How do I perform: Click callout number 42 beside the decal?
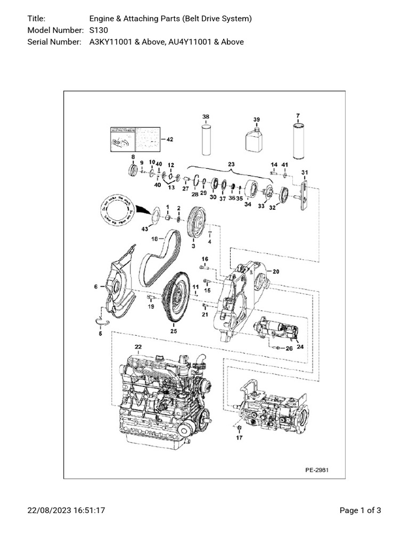[x=170, y=139]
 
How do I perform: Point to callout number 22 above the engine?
[x=138, y=347]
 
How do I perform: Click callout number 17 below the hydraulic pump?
[x=240, y=437]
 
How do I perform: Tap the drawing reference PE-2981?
[x=317, y=470]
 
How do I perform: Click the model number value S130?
[x=99, y=30]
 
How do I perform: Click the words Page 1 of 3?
[x=360, y=510]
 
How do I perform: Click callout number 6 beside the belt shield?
[x=96, y=287]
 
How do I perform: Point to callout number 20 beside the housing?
[x=276, y=271]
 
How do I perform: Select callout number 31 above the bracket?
[x=305, y=172]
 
